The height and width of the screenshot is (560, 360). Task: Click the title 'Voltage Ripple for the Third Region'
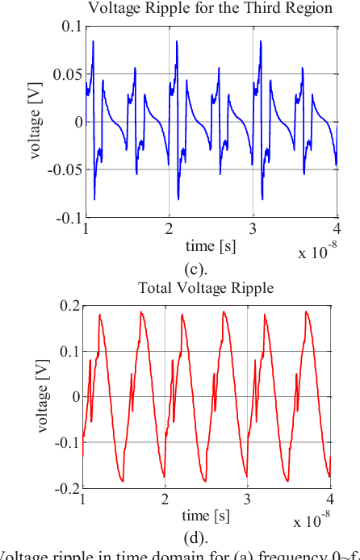pyautogui.click(x=209, y=9)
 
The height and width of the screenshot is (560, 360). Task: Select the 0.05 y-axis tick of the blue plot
pyautogui.click(x=68, y=74)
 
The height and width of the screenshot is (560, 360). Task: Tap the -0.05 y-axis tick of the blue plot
pyautogui.click(x=65, y=170)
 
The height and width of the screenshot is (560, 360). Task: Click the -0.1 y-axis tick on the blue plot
pyautogui.click(x=69, y=218)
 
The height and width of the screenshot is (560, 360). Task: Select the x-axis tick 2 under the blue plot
pyautogui.click(x=168, y=228)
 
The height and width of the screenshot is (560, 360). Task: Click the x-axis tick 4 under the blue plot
pyautogui.click(x=335, y=228)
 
